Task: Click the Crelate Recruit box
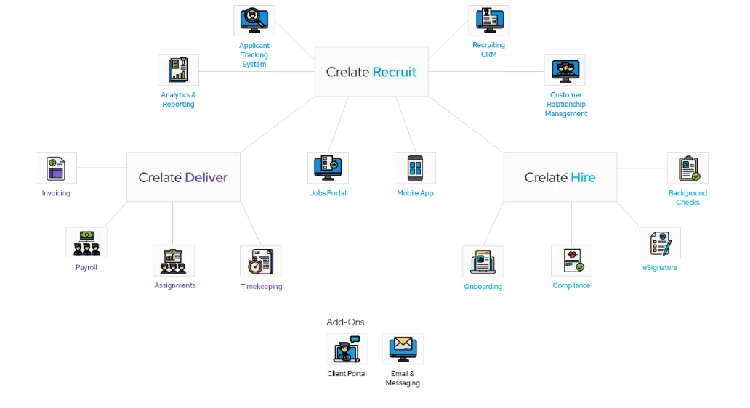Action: [371, 72]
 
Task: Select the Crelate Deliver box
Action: [183, 177]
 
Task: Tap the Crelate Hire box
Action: [560, 177]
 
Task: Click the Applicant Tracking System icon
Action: [254, 21]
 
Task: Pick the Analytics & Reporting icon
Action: [178, 70]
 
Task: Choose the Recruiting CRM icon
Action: [488, 21]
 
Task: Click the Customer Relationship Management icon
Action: [565, 70]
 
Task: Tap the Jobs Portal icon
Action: [328, 168]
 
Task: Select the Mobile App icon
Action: [415, 168]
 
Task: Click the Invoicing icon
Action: [56, 168]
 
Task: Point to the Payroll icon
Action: [86, 242]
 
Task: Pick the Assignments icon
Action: [174, 260]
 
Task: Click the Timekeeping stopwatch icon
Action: [260, 261]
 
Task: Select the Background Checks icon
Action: [687, 168]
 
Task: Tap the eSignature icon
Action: [660, 242]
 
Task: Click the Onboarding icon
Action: [483, 261]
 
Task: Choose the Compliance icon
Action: [571, 260]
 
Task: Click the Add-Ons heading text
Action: [345, 322]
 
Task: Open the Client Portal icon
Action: [347, 349]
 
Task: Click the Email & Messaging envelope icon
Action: [403, 349]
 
